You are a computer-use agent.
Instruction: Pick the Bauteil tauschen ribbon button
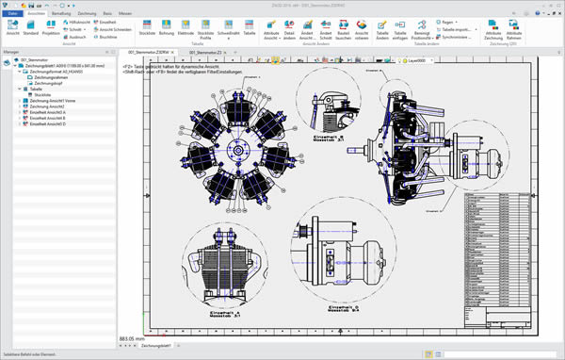[347, 30]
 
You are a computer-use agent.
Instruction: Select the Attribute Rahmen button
[541, 30]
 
